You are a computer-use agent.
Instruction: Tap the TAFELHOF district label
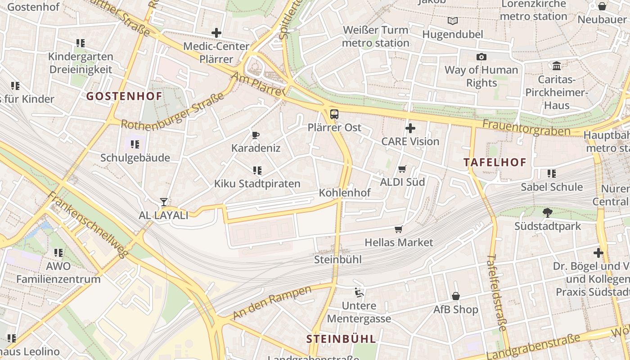click(495, 162)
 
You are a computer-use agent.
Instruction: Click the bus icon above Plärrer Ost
click(334, 114)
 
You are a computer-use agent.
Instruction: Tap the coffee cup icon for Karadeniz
click(256, 135)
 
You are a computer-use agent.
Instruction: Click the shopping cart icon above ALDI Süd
click(402, 169)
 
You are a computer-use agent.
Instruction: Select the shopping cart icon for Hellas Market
click(398, 229)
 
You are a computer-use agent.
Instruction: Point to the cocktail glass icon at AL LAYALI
click(164, 202)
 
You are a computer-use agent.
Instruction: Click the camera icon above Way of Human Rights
click(481, 57)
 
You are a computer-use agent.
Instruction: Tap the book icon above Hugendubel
click(452, 21)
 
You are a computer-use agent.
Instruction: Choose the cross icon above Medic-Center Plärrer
click(216, 33)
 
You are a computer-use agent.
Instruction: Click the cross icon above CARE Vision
click(410, 128)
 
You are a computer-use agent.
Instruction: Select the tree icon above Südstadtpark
click(548, 213)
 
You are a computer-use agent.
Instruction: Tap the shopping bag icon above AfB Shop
click(455, 296)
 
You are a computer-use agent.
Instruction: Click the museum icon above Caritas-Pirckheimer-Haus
click(557, 66)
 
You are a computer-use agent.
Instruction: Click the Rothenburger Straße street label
click(172, 112)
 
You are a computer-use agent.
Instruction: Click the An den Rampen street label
click(272, 302)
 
